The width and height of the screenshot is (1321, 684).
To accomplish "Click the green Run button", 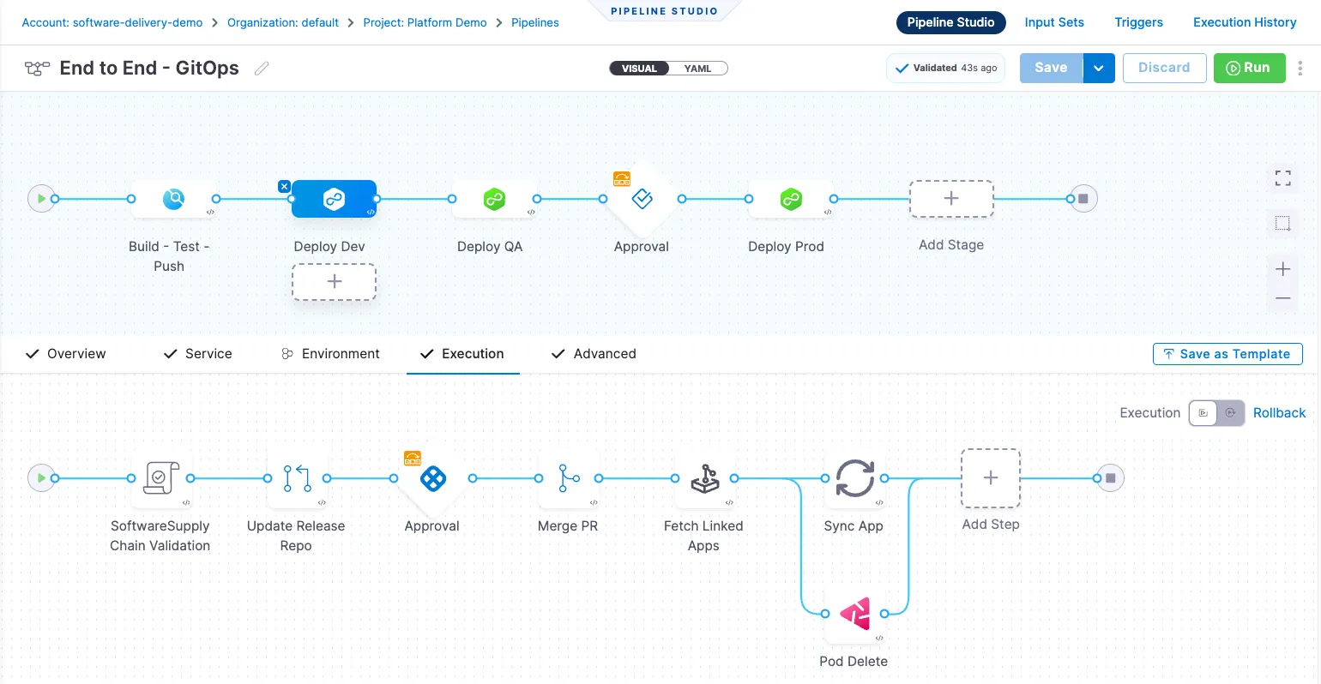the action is (x=1249, y=68).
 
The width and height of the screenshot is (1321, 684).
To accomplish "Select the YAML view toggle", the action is (x=697, y=69).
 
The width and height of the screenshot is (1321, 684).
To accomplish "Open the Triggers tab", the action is (x=1138, y=22).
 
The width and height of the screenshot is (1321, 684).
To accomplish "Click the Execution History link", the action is (x=1245, y=22).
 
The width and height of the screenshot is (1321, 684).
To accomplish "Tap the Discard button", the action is (x=1164, y=68).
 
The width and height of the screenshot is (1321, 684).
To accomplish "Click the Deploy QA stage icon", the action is (x=494, y=199).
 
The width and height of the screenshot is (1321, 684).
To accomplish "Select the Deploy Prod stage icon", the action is (x=791, y=199).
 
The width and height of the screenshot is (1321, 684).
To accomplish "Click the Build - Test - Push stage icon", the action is (x=173, y=199).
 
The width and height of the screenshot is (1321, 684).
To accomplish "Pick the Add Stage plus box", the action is (x=951, y=199).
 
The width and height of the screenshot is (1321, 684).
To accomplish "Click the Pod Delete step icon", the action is (x=854, y=614).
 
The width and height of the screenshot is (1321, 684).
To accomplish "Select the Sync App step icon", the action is (x=854, y=477).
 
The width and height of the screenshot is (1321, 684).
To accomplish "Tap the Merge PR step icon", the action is (x=568, y=477).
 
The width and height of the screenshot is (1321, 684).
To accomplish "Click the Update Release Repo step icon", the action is (x=297, y=477).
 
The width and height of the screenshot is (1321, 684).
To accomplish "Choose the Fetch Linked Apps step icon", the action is (x=705, y=477).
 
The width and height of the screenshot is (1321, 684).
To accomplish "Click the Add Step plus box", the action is (x=991, y=477).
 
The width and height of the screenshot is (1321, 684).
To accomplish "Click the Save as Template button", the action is (x=1228, y=354).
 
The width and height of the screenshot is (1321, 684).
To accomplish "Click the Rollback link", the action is (x=1279, y=413).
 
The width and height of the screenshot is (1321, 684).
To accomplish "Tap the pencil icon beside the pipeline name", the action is (x=262, y=69).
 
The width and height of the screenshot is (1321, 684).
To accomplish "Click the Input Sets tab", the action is (x=1054, y=22).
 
